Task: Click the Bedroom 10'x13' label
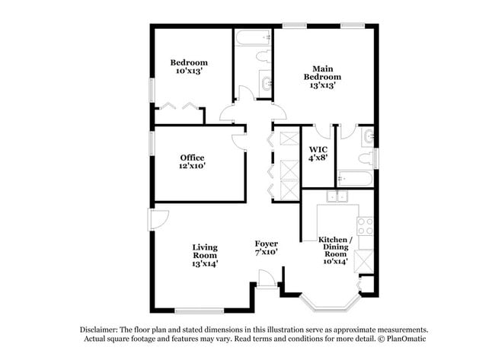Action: click(189, 66)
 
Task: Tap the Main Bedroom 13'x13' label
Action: click(322, 76)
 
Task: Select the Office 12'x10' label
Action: click(192, 161)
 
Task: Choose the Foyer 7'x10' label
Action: click(266, 247)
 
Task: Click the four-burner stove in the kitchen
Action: click(365, 226)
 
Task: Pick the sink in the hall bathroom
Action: click(266, 84)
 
